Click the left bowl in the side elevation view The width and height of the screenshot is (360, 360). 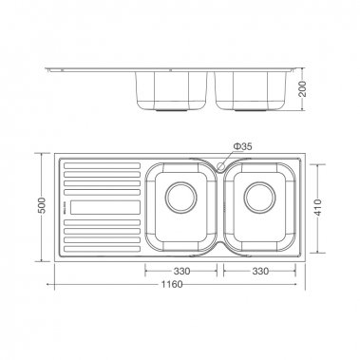coord(170,91)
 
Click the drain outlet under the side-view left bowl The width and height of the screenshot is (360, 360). coord(170,111)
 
